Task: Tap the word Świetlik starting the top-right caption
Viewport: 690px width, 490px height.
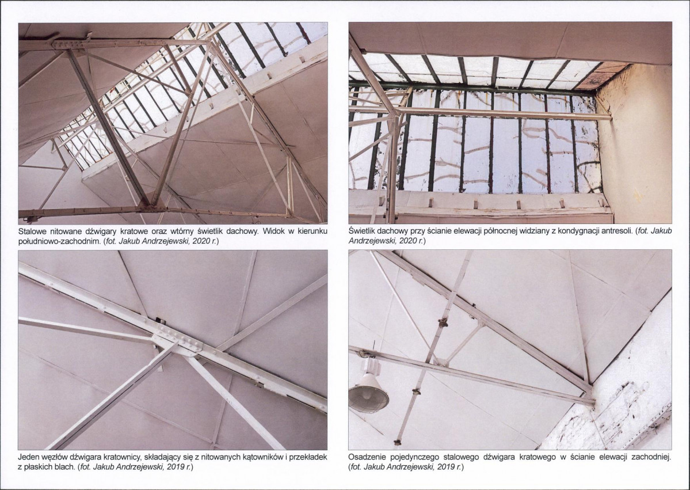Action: coord(362,231)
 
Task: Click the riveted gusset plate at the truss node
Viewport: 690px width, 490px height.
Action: coord(177,339)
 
